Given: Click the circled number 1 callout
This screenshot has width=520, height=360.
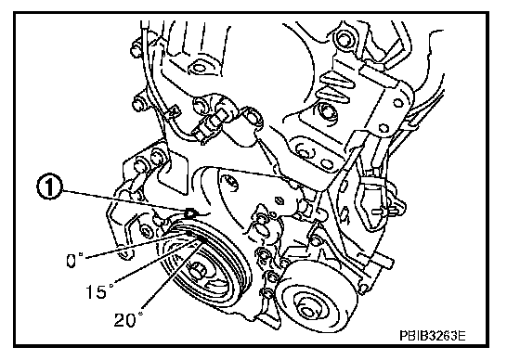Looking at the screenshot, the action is (x=49, y=187).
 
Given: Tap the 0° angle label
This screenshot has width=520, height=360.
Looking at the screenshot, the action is (x=74, y=260).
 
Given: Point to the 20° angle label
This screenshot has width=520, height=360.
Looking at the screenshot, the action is (x=129, y=319).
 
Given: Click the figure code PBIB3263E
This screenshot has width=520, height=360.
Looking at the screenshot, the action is (x=433, y=336).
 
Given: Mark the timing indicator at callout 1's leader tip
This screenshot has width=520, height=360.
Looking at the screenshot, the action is (x=190, y=213).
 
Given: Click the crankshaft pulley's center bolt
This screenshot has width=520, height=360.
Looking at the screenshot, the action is (x=196, y=270).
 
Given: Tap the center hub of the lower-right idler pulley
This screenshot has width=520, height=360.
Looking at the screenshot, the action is (x=307, y=312).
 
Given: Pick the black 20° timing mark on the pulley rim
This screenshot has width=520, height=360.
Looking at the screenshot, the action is (x=202, y=239).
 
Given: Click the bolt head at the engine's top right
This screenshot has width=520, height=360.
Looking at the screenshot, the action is (x=344, y=37).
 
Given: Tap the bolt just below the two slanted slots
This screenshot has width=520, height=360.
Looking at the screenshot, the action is (x=326, y=112).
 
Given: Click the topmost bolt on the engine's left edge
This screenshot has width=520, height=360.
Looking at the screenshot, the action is (x=136, y=48).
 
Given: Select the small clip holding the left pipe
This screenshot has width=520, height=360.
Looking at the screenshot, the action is (x=173, y=111).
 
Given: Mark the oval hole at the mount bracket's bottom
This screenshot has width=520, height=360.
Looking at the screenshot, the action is (x=327, y=163).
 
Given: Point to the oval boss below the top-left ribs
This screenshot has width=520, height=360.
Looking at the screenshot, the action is (x=199, y=68).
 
